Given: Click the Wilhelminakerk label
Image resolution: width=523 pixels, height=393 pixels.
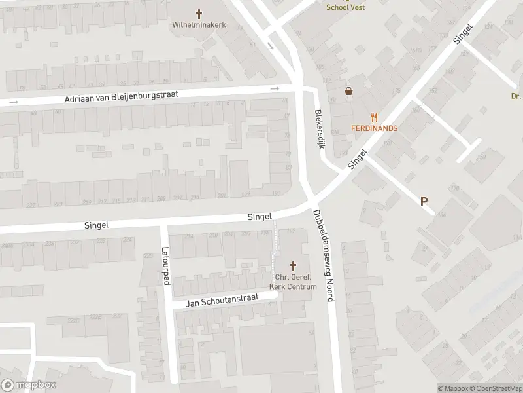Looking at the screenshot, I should pyautogui.click(x=199, y=25).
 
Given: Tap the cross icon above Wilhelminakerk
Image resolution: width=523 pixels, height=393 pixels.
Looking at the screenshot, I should pyautogui.click(x=199, y=12).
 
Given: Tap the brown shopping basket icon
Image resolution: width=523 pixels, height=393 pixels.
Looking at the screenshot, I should pyautogui.click(x=349, y=92).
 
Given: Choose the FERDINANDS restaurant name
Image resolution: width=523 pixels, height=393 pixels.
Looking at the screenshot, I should pyautogui.click(x=374, y=128).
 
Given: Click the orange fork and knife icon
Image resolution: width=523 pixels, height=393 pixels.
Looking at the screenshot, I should pyautogui.click(x=374, y=117).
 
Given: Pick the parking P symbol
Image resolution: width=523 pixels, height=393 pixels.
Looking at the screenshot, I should pyautogui.click(x=424, y=202).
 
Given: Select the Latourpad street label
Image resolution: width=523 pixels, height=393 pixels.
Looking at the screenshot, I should pyautogui.click(x=165, y=265).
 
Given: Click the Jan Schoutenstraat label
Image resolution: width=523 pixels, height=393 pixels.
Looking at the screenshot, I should pyautogui.click(x=222, y=301).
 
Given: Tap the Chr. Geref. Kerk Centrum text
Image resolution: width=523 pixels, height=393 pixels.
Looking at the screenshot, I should pyautogui.click(x=293, y=282).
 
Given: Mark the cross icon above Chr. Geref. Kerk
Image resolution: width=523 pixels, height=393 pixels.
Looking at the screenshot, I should pyautogui.click(x=293, y=265).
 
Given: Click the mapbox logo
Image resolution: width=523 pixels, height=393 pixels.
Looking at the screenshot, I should pyautogui.click(x=27, y=385).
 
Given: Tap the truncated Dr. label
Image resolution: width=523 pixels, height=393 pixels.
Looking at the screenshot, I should pyautogui.click(x=515, y=96).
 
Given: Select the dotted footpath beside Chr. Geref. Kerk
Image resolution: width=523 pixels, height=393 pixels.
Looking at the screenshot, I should pyautogui.click(x=275, y=249).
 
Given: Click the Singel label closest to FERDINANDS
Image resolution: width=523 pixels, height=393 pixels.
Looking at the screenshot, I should pyautogui.click(x=358, y=159).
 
